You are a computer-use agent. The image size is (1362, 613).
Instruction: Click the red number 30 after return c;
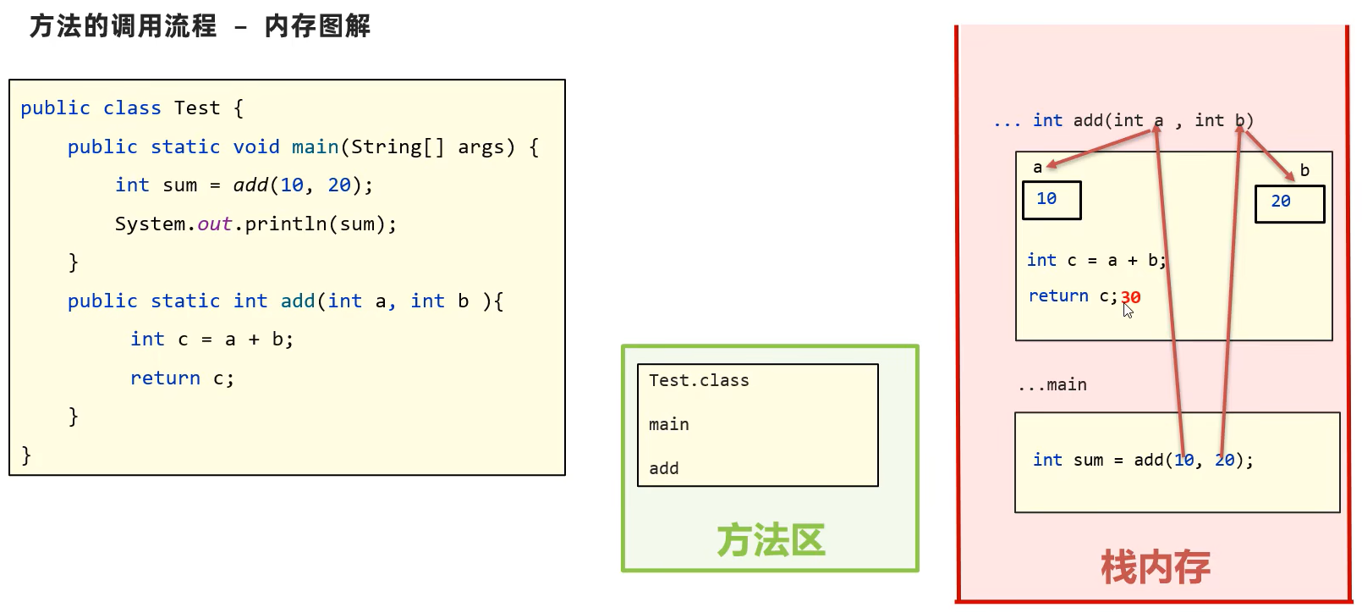(1131, 297)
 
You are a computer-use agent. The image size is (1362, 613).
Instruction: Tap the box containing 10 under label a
(1052, 200)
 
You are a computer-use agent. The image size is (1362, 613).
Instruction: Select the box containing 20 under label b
(1289, 203)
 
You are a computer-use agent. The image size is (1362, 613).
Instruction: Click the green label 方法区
(771, 540)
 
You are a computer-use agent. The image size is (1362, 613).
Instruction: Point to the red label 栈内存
(1156, 567)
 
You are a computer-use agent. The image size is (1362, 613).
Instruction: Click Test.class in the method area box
(699, 381)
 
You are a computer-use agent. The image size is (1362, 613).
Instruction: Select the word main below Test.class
(669, 425)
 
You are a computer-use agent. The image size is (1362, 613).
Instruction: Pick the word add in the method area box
(664, 468)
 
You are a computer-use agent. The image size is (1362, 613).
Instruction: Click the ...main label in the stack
(1052, 385)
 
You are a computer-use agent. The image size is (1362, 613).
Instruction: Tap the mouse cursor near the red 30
(1128, 312)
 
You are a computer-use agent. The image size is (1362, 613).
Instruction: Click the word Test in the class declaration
(197, 108)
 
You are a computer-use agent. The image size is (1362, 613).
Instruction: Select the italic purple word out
(214, 224)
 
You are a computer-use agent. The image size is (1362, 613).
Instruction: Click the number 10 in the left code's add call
(292, 185)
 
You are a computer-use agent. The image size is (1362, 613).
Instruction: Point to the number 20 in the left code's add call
(339, 185)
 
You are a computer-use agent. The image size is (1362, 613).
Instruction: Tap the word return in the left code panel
(165, 378)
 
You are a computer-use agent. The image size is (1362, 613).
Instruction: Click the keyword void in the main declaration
(256, 147)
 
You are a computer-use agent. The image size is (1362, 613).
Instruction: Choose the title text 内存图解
(317, 26)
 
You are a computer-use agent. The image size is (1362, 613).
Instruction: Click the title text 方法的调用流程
(124, 26)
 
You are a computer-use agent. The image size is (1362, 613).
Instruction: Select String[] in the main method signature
(398, 147)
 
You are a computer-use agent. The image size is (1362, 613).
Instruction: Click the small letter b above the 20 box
(1304, 171)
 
